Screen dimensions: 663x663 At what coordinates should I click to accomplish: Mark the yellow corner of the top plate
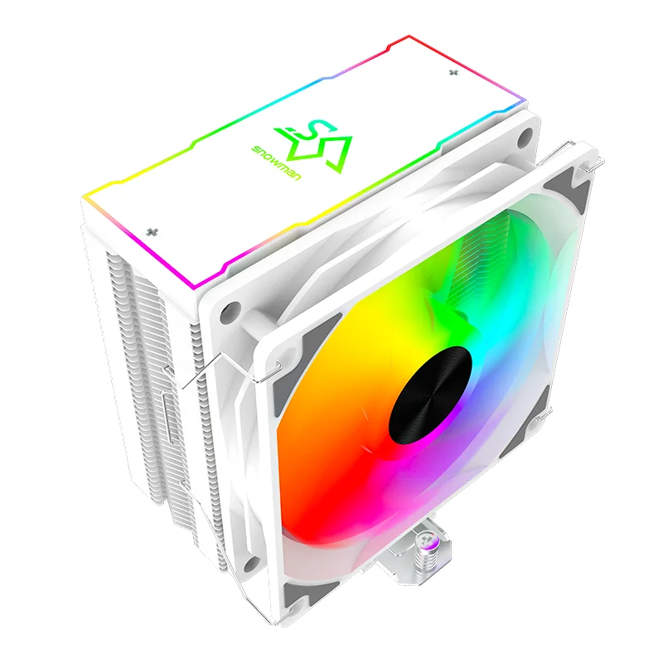point(85,196)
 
